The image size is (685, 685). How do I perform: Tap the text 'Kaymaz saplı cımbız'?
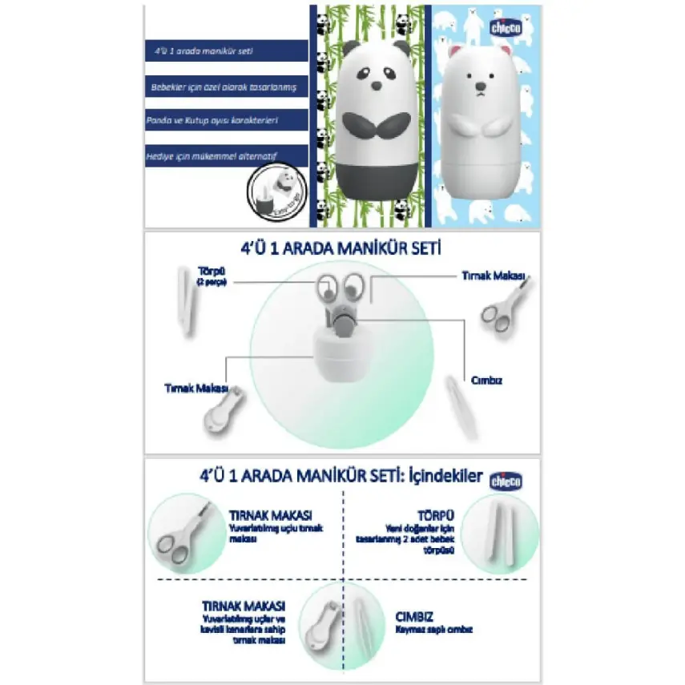pyautogui.click(x=433, y=630)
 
